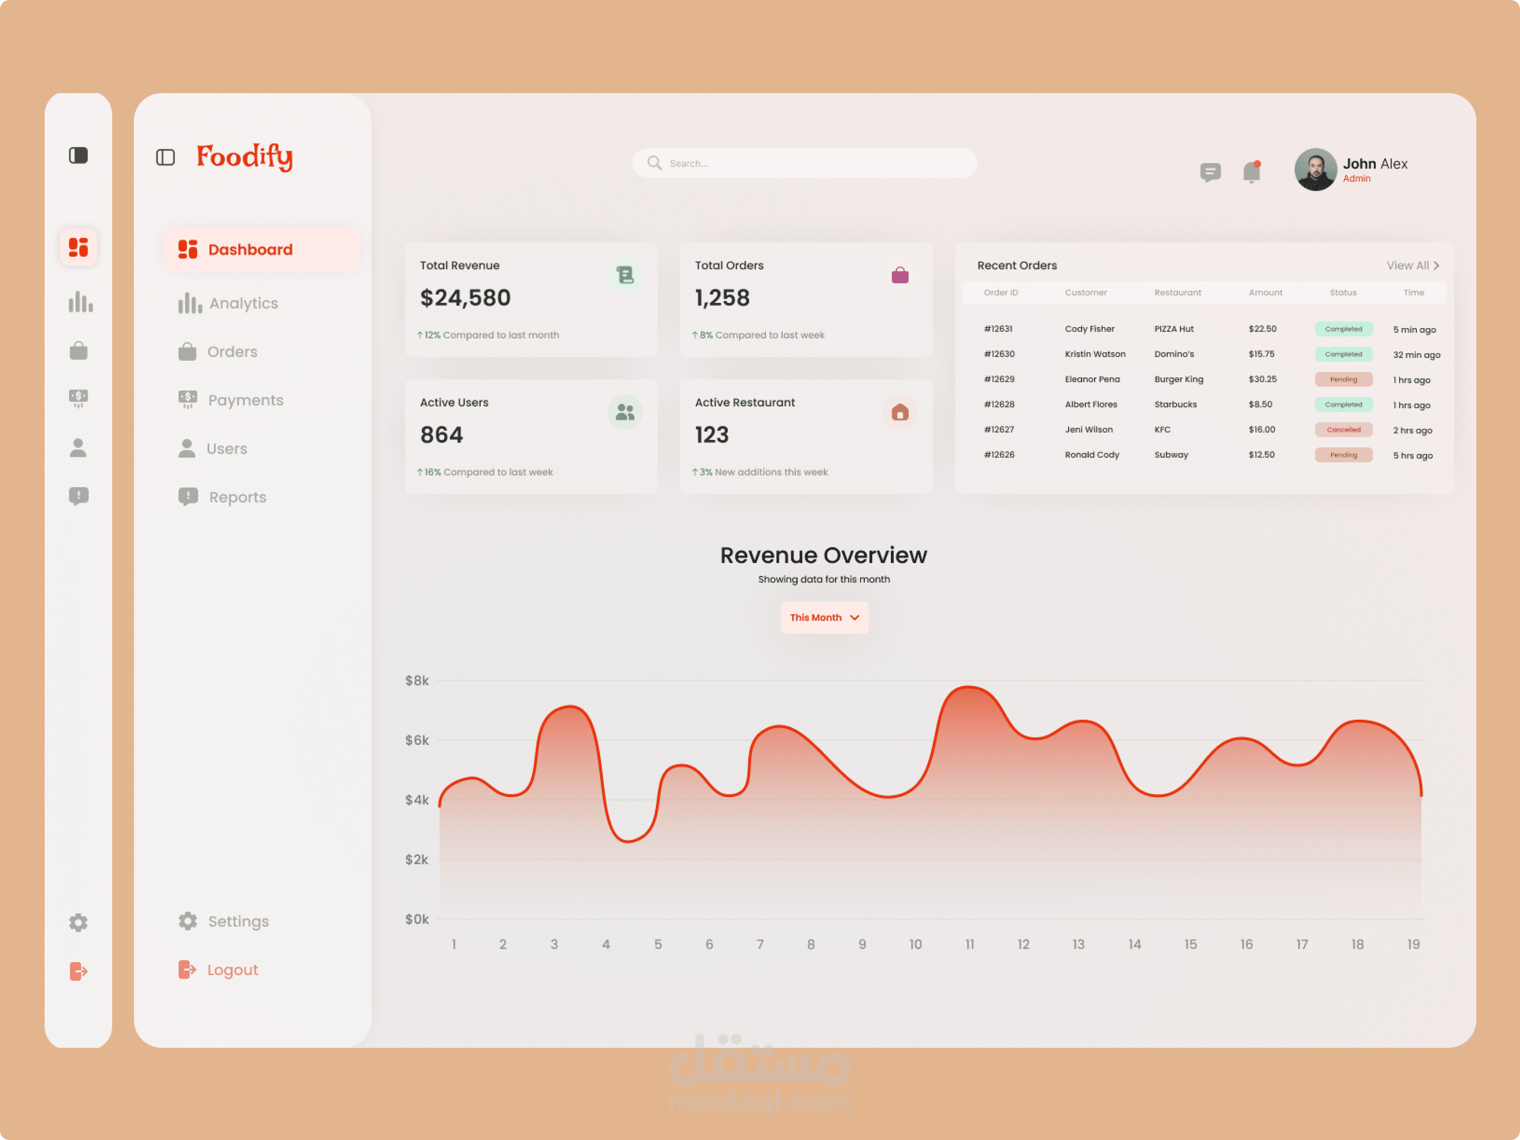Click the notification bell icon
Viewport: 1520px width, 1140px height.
(1251, 172)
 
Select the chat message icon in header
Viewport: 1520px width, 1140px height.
(1210, 172)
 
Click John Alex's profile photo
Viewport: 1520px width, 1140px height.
(1315, 170)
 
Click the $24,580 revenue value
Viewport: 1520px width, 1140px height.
(465, 298)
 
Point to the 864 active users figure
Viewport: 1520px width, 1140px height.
(441, 435)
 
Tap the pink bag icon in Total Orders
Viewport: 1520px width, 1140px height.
(900, 275)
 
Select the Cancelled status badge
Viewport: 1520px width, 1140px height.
(1343, 429)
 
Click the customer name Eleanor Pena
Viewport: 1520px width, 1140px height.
(1092, 379)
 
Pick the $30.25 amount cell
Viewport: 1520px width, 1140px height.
(1262, 379)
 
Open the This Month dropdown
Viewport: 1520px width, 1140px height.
(824, 617)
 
